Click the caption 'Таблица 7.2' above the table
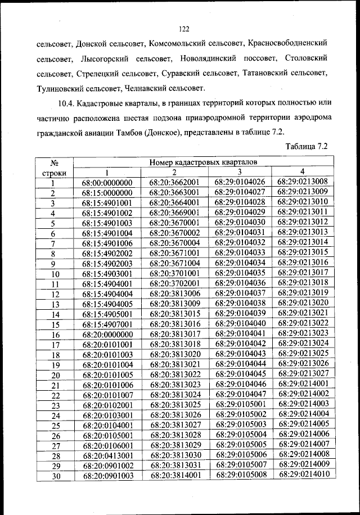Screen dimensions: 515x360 [307, 147]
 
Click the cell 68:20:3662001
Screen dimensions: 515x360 [175, 183]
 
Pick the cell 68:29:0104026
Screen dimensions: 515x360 [240, 182]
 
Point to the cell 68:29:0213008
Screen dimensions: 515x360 [303, 182]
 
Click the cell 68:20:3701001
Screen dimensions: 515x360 [175, 273]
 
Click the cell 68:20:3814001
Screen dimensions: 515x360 [175, 476]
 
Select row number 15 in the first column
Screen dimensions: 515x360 [55, 325]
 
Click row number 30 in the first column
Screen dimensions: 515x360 [55, 476]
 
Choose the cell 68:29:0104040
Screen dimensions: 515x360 [240, 324]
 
